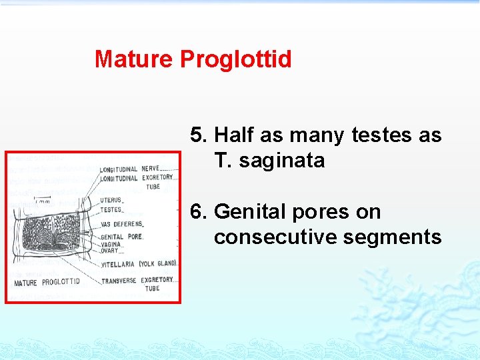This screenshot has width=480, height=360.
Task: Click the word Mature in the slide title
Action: click(134, 59)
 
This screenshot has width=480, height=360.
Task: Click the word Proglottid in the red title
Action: click(236, 59)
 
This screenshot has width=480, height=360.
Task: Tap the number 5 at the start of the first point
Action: click(198, 135)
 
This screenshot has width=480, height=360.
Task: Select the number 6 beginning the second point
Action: click(198, 212)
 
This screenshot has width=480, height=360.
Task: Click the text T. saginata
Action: click(269, 161)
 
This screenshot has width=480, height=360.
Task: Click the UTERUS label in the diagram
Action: click(111, 200)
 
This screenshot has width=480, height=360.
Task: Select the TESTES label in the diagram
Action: click(111, 210)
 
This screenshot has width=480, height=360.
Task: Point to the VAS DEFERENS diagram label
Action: click(121, 225)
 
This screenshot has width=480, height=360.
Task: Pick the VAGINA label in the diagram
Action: click(111, 245)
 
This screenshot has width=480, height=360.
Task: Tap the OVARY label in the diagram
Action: click(109, 251)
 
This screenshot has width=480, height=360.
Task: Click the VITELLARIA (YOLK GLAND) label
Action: click(138, 264)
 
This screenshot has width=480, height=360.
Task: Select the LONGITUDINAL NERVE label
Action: click(130, 169)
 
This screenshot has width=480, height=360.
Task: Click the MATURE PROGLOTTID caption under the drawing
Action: click(47, 282)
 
